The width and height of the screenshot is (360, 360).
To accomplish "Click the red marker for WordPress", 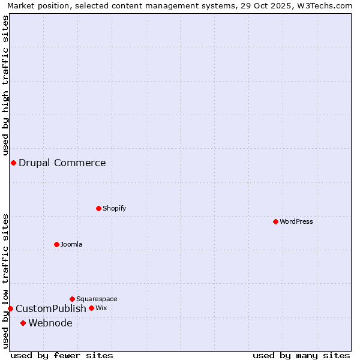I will click(275, 221).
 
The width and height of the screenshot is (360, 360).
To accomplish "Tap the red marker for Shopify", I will click(99, 208).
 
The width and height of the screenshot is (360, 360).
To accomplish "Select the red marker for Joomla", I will click(57, 244).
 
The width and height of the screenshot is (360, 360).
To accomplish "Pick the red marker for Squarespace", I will click(73, 299).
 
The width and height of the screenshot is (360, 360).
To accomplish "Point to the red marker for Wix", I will click(92, 308).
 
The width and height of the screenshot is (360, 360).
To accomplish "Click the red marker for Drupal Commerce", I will click(13, 163).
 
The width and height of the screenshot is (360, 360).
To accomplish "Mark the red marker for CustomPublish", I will click(10, 308).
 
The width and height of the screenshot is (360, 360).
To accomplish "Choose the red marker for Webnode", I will click(23, 323).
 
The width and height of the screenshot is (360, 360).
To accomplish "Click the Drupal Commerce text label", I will click(62, 163).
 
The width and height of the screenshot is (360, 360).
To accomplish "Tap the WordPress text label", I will click(296, 221).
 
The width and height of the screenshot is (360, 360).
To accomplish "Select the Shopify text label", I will click(115, 208).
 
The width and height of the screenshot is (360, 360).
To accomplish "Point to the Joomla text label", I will click(71, 244).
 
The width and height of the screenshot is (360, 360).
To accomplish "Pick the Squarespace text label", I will click(97, 299).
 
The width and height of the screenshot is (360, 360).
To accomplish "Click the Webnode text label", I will click(50, 323).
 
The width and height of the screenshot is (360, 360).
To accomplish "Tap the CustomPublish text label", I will click(51, 308).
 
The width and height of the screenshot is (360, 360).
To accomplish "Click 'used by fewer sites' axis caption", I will click(62, 355).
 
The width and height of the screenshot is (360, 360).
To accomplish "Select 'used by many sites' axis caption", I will click(301, 355).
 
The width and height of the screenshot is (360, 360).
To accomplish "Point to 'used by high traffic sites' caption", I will click(5, 85).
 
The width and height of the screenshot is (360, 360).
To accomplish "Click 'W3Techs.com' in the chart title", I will click(326, 5).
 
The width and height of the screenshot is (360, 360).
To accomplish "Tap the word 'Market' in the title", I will click(22, 5).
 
